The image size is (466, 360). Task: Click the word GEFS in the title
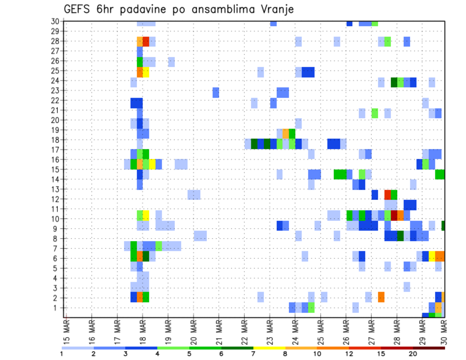coord(78,10)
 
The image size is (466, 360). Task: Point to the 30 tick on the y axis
coord(55,21)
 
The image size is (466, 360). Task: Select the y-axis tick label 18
coord(55,139)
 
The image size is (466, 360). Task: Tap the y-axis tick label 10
coord(55,218)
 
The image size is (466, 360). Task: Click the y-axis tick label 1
coord(57,308)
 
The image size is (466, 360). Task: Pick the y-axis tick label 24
coord(55,80)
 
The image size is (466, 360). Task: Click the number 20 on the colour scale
coord(413,354)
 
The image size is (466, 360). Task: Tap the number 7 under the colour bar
coord(253,354)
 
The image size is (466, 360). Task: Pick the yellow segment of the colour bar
coord(269,348)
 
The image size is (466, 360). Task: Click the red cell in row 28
coord(146,41)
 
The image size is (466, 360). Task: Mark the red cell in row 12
coord(387,195)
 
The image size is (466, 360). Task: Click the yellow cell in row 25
coord(146,72)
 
